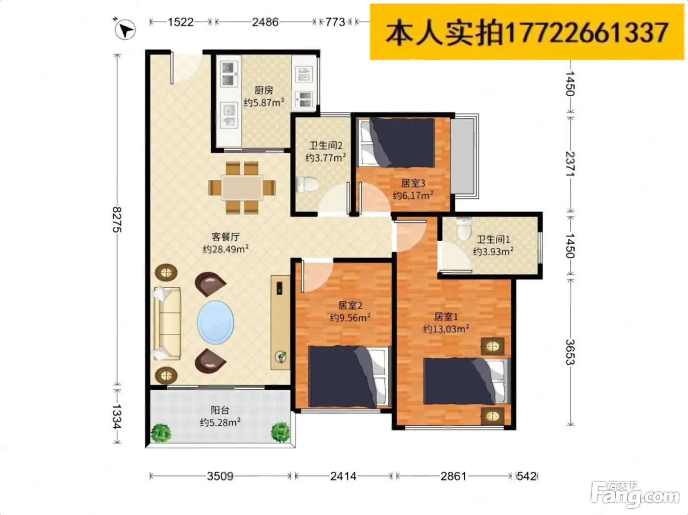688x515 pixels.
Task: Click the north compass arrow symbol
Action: click(125, 30)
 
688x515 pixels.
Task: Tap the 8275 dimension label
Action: click(117, 219)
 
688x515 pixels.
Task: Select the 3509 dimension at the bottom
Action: click(220, 477)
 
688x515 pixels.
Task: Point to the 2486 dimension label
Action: click(265, 22)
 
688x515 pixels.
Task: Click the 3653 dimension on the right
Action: click(570, 352)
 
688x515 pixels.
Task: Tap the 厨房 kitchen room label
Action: click(263, 90)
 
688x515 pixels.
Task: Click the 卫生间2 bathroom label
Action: click(326, 146)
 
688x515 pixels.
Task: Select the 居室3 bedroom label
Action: click(413, 183)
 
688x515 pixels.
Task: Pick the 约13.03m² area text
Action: click(446, 329)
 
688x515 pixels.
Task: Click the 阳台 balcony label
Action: click(220, 410)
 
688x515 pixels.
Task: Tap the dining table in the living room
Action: click(242, 188)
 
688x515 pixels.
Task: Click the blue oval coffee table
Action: click(215, 323)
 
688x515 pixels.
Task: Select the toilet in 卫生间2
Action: click(307, 184)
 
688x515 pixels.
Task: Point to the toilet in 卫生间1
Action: click(464, 229)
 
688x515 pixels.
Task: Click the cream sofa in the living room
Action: click(167, 324)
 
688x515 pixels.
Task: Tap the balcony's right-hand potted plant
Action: click(281, 432)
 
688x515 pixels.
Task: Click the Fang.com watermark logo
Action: click(635, 495)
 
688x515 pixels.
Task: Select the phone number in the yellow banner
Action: click(586, 32)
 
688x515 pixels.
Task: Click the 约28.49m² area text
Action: click(226, 249)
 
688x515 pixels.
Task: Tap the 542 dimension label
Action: click(527, 477)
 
